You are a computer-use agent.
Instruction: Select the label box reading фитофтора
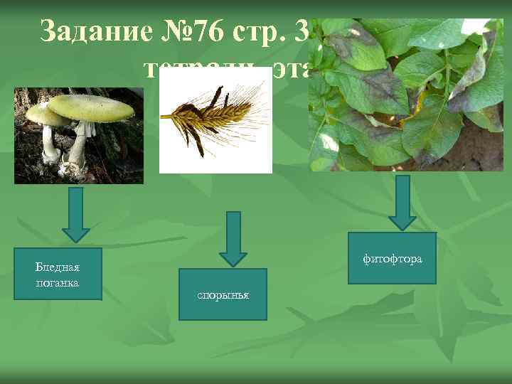coord(392,258)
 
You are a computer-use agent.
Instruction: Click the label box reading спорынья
coord(223,294)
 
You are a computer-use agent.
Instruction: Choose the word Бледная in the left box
coord(58,267)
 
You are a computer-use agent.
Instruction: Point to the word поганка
coord(58,283)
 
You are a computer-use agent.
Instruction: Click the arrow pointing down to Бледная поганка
coord(76,214)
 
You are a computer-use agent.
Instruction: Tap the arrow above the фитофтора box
coord(403,202)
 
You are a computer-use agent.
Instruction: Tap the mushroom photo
coord(78,136)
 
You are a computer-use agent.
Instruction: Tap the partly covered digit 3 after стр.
coord(299,33)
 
